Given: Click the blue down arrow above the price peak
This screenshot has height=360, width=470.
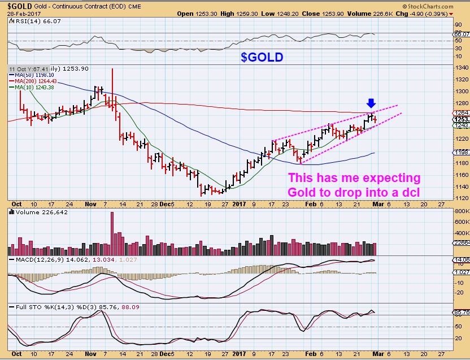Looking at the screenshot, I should click(371, 103).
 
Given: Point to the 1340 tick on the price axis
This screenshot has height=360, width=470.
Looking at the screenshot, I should click(461, 67).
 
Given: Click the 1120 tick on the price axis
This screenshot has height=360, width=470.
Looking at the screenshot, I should click(461, 198).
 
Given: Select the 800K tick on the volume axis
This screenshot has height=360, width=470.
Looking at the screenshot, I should click(462, 211).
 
